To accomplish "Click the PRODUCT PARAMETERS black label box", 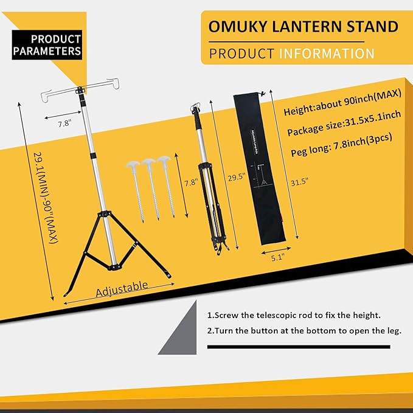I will pos(47,45).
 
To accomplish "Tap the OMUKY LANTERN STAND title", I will pos(304,27).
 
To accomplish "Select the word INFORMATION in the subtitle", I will pos(327,54).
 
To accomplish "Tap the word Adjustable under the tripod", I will pos(122,288).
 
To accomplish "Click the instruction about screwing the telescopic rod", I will pos(294,315).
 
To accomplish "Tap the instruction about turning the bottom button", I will pos(304,331).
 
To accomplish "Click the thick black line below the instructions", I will pos(298,347).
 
